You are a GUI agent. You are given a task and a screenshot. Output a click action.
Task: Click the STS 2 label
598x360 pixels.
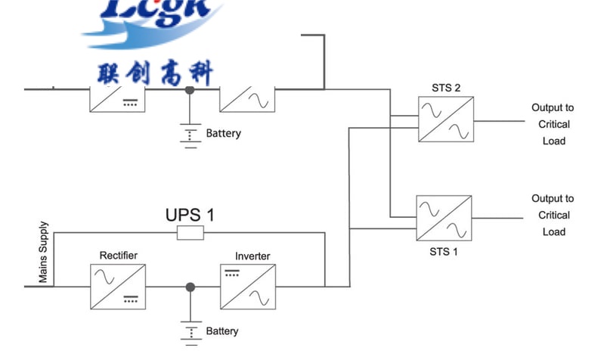[446, 88]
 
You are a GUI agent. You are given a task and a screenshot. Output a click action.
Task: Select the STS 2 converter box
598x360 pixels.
[446, 119]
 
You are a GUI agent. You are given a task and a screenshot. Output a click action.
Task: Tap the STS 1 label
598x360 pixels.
[444, 252]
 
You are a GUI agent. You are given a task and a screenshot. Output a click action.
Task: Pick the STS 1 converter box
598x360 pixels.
[444, 217]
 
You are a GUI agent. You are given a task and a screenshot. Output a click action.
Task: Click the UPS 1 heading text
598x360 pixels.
[190, 215]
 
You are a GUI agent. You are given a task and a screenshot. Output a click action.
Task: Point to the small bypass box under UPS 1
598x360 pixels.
[190, 233]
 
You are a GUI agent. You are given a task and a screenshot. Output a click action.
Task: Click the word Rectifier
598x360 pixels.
[119, 256]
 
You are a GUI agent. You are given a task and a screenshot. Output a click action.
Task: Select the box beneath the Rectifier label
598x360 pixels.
[119, 287]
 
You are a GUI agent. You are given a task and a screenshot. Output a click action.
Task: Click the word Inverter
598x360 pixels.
[253, 256]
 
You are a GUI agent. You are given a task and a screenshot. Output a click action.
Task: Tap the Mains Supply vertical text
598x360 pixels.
[43, 252]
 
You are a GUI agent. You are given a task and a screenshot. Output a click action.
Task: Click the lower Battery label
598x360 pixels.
[222, 331]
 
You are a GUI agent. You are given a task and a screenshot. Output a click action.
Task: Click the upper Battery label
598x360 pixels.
[223, 133]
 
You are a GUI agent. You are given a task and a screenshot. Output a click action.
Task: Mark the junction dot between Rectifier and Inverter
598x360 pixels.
[191, 287]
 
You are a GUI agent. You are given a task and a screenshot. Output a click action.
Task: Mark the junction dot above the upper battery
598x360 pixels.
[190, 90]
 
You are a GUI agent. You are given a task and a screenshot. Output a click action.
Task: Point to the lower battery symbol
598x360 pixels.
[191, 330]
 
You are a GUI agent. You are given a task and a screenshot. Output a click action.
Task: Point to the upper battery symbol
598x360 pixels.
[191, 135]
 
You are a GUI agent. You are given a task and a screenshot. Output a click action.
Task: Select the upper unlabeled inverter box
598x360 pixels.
[247, 97]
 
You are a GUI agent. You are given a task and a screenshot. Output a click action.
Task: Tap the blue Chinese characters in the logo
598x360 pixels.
[156, 73]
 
